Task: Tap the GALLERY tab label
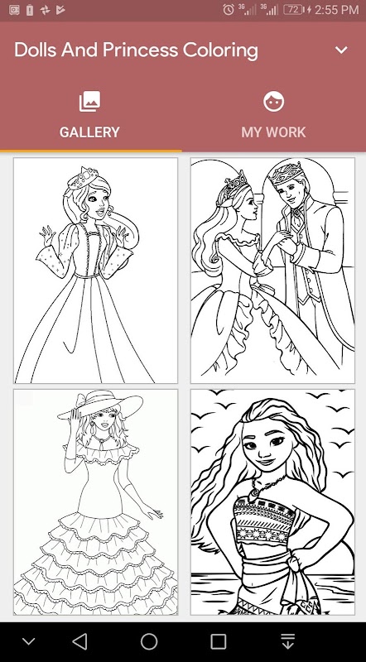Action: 89,132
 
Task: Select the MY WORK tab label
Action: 273,132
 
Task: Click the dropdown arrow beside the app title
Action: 341,50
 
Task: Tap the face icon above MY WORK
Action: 274,102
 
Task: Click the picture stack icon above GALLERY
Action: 89,102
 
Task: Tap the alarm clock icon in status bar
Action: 229,9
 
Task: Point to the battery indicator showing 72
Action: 294,9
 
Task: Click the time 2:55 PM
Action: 336,9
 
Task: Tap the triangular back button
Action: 79,641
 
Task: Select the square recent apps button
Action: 218,641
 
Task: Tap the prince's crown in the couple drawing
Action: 287,173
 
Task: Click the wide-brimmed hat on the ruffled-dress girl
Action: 99,404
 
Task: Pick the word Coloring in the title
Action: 220,50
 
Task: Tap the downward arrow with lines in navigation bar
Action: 287,641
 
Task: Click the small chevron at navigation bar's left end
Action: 29,642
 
